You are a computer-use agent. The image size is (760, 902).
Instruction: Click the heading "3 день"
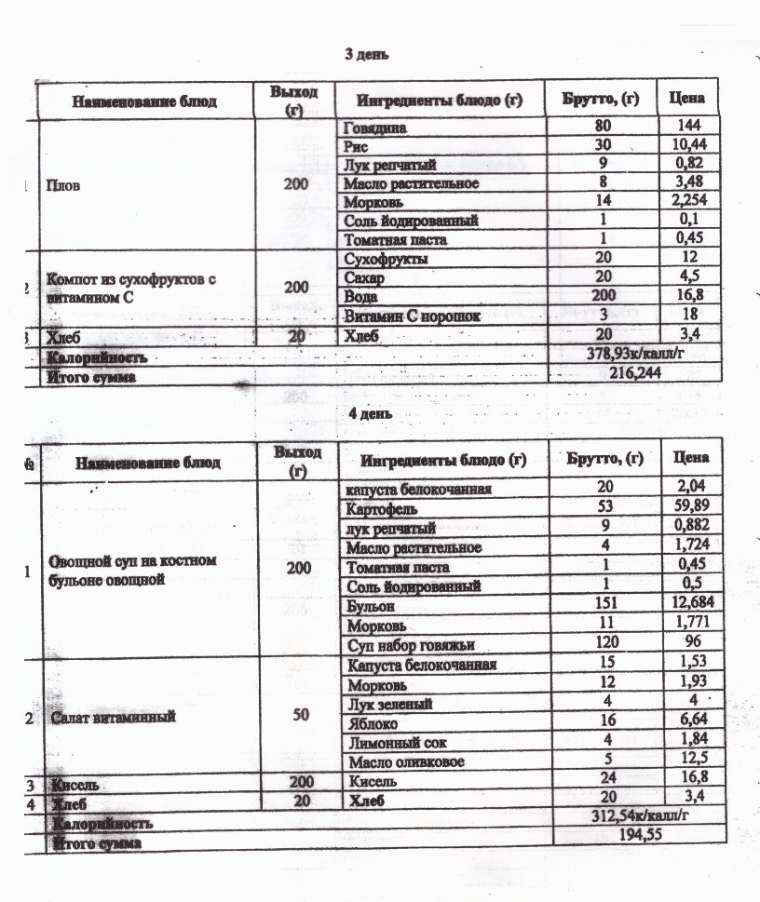[367, 55]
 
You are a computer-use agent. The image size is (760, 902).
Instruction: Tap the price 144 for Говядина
[689, 126]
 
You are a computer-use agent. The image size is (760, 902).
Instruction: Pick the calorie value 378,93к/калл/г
[634, 355]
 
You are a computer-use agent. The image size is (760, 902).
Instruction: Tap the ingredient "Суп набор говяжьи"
[407, 643]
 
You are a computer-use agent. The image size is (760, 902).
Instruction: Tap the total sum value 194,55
[635, 835]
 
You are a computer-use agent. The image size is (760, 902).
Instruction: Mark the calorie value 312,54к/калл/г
[635, 816]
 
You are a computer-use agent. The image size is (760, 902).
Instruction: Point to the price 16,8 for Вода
[689, 296]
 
